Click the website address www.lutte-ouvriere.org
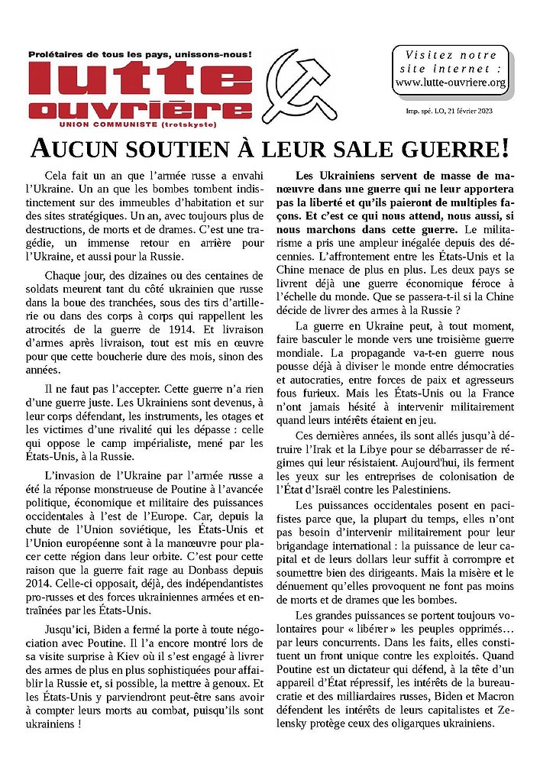tap(451, 83)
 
